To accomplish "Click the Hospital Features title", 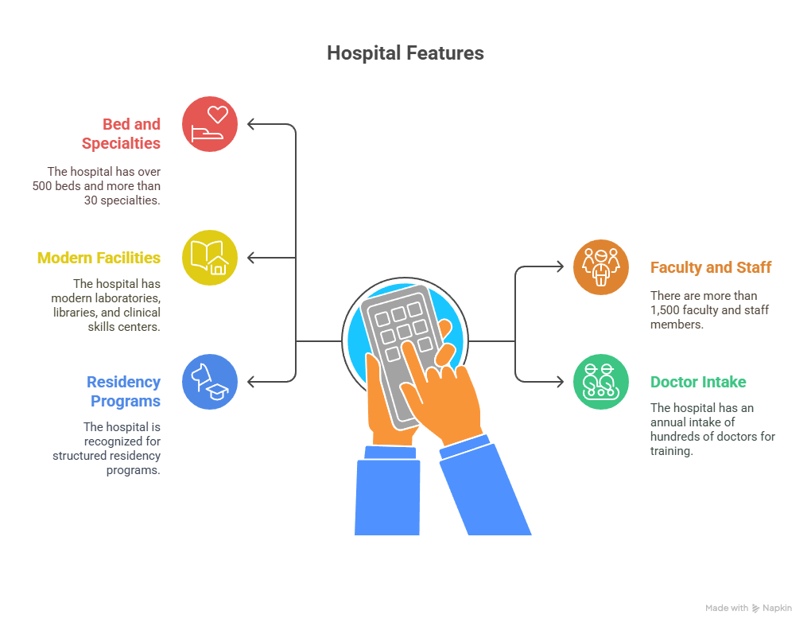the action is pos(405,53).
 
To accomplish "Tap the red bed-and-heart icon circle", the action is pos(209,124).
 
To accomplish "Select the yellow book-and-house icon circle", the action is pos(209,258).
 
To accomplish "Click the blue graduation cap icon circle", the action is pos(209,382).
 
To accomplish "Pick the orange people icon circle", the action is pos(600,267).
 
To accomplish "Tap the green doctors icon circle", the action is pos(600,382).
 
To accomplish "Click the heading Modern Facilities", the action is pos(99,258).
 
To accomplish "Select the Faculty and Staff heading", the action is pos(711,267).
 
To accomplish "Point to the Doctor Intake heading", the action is pos(698,382).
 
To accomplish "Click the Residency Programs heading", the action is pos(123,391).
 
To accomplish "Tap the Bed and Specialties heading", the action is pos(121,134).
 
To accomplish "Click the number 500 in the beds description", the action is pos(42,185).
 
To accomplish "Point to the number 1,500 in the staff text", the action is pos(665,310).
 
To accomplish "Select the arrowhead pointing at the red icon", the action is pos(250,124).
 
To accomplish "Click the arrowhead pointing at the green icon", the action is pos(561,382).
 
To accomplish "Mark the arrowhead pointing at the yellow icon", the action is pos(250,258).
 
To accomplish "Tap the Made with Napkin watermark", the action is pos(748,608).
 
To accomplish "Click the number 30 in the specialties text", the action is pos(91,200).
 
